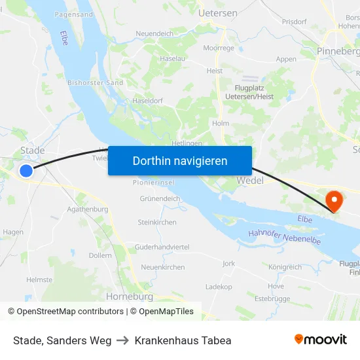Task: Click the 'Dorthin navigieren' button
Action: point(180,160)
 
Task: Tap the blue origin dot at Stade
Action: point(26,171)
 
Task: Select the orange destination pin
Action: point(334,200)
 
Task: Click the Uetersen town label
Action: point(217,12)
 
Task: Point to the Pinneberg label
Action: point(337,51)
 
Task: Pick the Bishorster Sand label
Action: point(96,83)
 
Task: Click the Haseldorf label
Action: point(147,101)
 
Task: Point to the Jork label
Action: point(228,263)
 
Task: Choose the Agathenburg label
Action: point(87,209)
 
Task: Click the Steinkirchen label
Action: point(157,223)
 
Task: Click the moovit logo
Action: point(320,340)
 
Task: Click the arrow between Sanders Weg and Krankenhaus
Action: point(123,340)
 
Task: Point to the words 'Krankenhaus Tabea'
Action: point(183,340)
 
